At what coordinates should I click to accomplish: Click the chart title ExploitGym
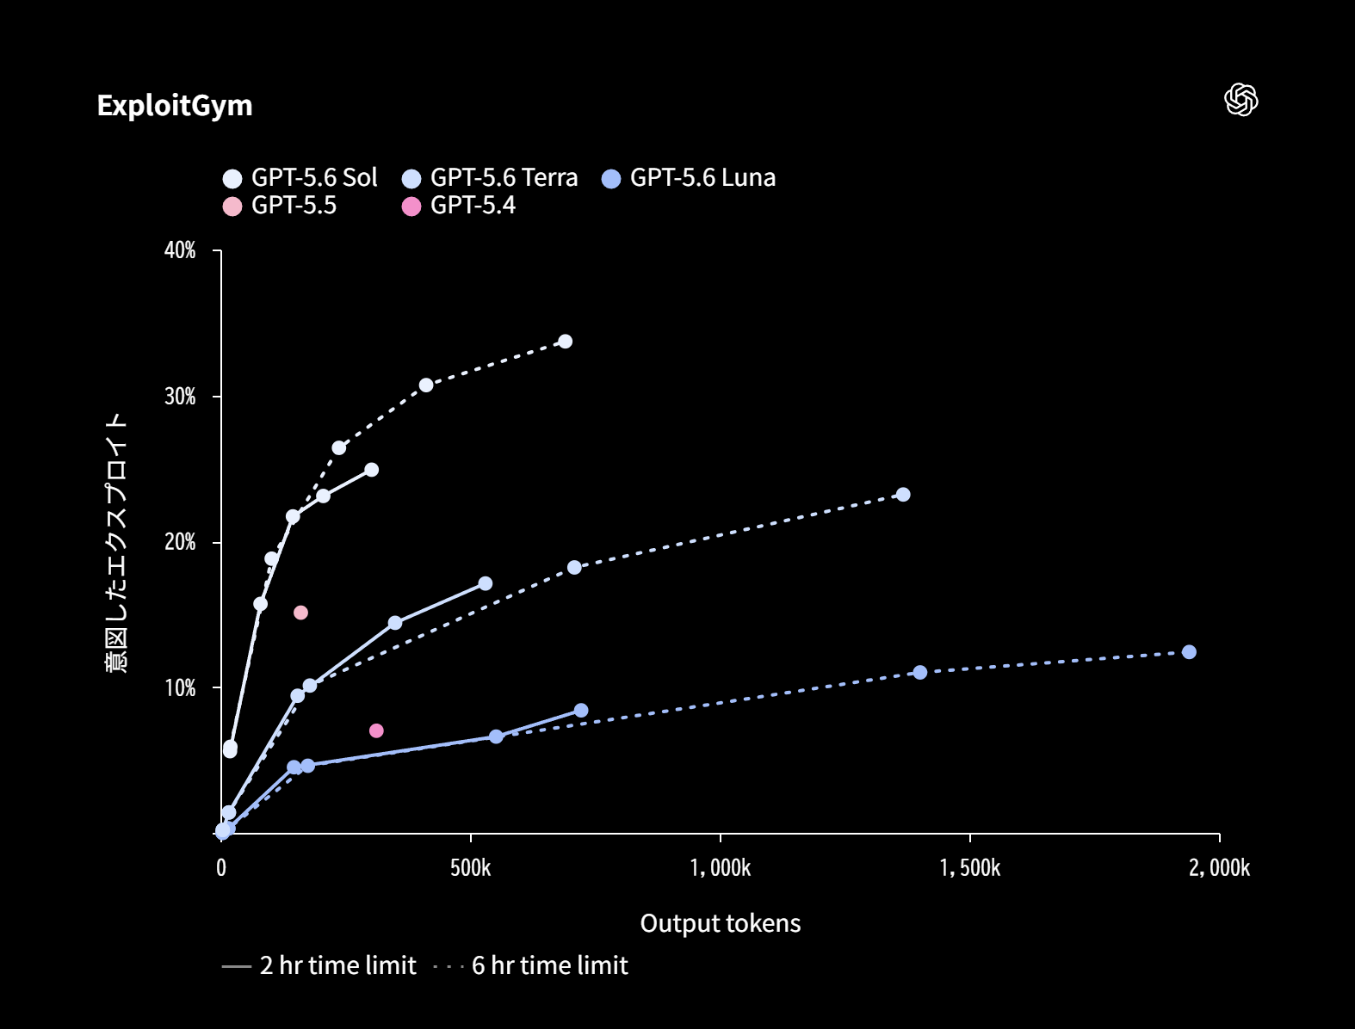pyautogui.click(x=175, y=106)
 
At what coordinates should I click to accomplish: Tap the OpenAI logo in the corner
pyautogui.click(x=1241, y=100)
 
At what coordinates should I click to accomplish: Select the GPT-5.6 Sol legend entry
pyautogui.click(x=300, y=178)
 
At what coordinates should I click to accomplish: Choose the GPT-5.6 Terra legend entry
pyautogui.click(x=490, y=178)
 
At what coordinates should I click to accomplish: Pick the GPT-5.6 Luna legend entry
pyautogui.click(x=689, y=178)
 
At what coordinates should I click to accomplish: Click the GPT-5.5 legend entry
pyautogui.click(x=280, y=206)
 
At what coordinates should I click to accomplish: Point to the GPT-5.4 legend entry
pyautogui.click(x=459, y=206)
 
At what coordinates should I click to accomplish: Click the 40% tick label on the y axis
pyautogui.click(x=180, y=250)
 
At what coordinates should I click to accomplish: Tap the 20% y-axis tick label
pyautogui.click(x=180, y=542)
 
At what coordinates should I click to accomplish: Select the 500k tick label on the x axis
pyautogui.click(x=470, y=868)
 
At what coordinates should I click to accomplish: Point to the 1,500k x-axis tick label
pyautogui.click(x=970, y=868)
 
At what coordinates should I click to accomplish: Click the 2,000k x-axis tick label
pyautogui.click(x=1219, y=868)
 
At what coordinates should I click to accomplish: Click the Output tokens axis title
pyautogui.click(x=721, y=923)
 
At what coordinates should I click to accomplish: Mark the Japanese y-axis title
pyautogui.click(x=116, y=543)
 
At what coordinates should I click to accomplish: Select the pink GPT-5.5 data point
pyautogui.click(x=300, y=613)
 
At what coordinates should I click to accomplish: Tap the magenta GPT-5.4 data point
pyautogui.click(x=376, y=731)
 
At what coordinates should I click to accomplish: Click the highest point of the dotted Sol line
pyautogui.click(x=566, y=342)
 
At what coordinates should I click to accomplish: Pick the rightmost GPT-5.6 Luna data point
pyautogui.click(x=1189, y=652)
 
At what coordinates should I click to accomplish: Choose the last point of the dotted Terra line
pyautogui.click(x=903, y=495)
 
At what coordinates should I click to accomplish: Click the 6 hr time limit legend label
pyautogui.click(x=549, y=965)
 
